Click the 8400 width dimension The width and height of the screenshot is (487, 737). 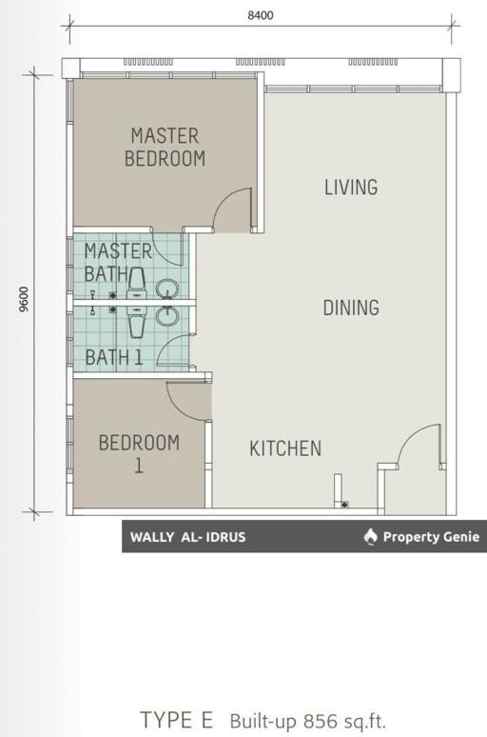(x=261, y=15)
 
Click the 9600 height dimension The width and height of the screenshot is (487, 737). (x=24, y=299)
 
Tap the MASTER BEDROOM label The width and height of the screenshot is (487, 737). (x=165, y=148)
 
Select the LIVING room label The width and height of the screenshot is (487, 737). (x=351, y=187)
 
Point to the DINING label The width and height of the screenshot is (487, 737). (x=351, y=308)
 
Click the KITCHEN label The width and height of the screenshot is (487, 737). (x=285, y=448)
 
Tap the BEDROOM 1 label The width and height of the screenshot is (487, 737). (x=139, y=453)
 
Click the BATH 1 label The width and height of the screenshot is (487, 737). (x=114, y=358)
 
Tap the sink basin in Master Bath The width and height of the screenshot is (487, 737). (x=167, y=289)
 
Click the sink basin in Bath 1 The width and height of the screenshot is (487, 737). (x=167, y=316)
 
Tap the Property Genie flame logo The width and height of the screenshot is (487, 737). (x=371, y=536)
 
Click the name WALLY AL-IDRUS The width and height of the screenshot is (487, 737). (x=187, y=537)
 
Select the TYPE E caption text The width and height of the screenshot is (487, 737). (x=177, y=720)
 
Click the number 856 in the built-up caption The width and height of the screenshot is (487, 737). (x=320, y=721)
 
